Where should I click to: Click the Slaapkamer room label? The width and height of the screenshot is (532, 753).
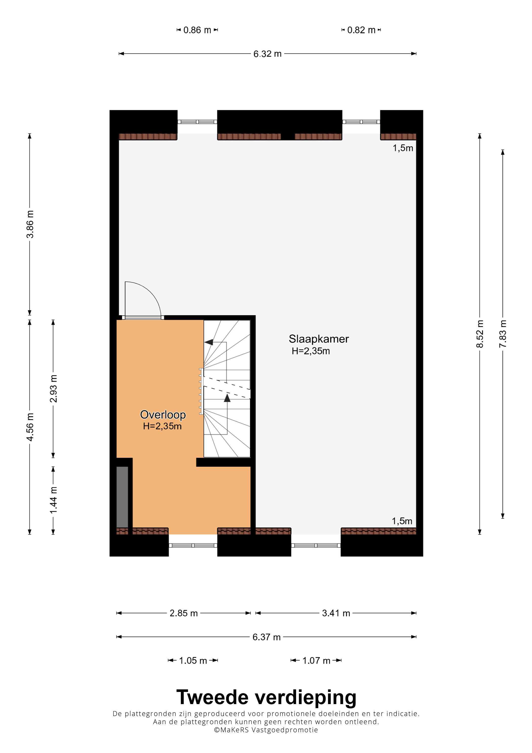[319, 339]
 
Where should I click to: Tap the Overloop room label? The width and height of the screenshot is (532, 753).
[163, 415]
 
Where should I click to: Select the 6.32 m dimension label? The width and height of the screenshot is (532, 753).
[268, 54]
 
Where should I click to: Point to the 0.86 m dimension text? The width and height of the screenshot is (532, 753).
[197, 30]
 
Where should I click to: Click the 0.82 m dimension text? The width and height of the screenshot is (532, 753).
[361, 30]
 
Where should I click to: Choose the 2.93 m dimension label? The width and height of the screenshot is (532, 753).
[53, 389]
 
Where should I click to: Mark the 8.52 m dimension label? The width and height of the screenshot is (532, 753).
[480, 334]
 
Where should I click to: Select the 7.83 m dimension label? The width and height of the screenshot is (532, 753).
[503, 334]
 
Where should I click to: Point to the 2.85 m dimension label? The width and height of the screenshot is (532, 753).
[184, 613]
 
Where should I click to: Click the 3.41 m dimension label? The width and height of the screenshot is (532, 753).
[336, 613]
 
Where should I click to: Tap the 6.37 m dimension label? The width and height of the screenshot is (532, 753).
[267, 637]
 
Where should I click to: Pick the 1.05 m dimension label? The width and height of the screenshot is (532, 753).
[193, 661]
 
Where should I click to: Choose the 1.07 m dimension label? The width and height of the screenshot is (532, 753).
[316, 661]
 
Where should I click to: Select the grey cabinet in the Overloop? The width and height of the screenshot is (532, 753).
[122, 497]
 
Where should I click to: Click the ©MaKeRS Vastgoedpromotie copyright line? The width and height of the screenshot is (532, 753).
[266, 730]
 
